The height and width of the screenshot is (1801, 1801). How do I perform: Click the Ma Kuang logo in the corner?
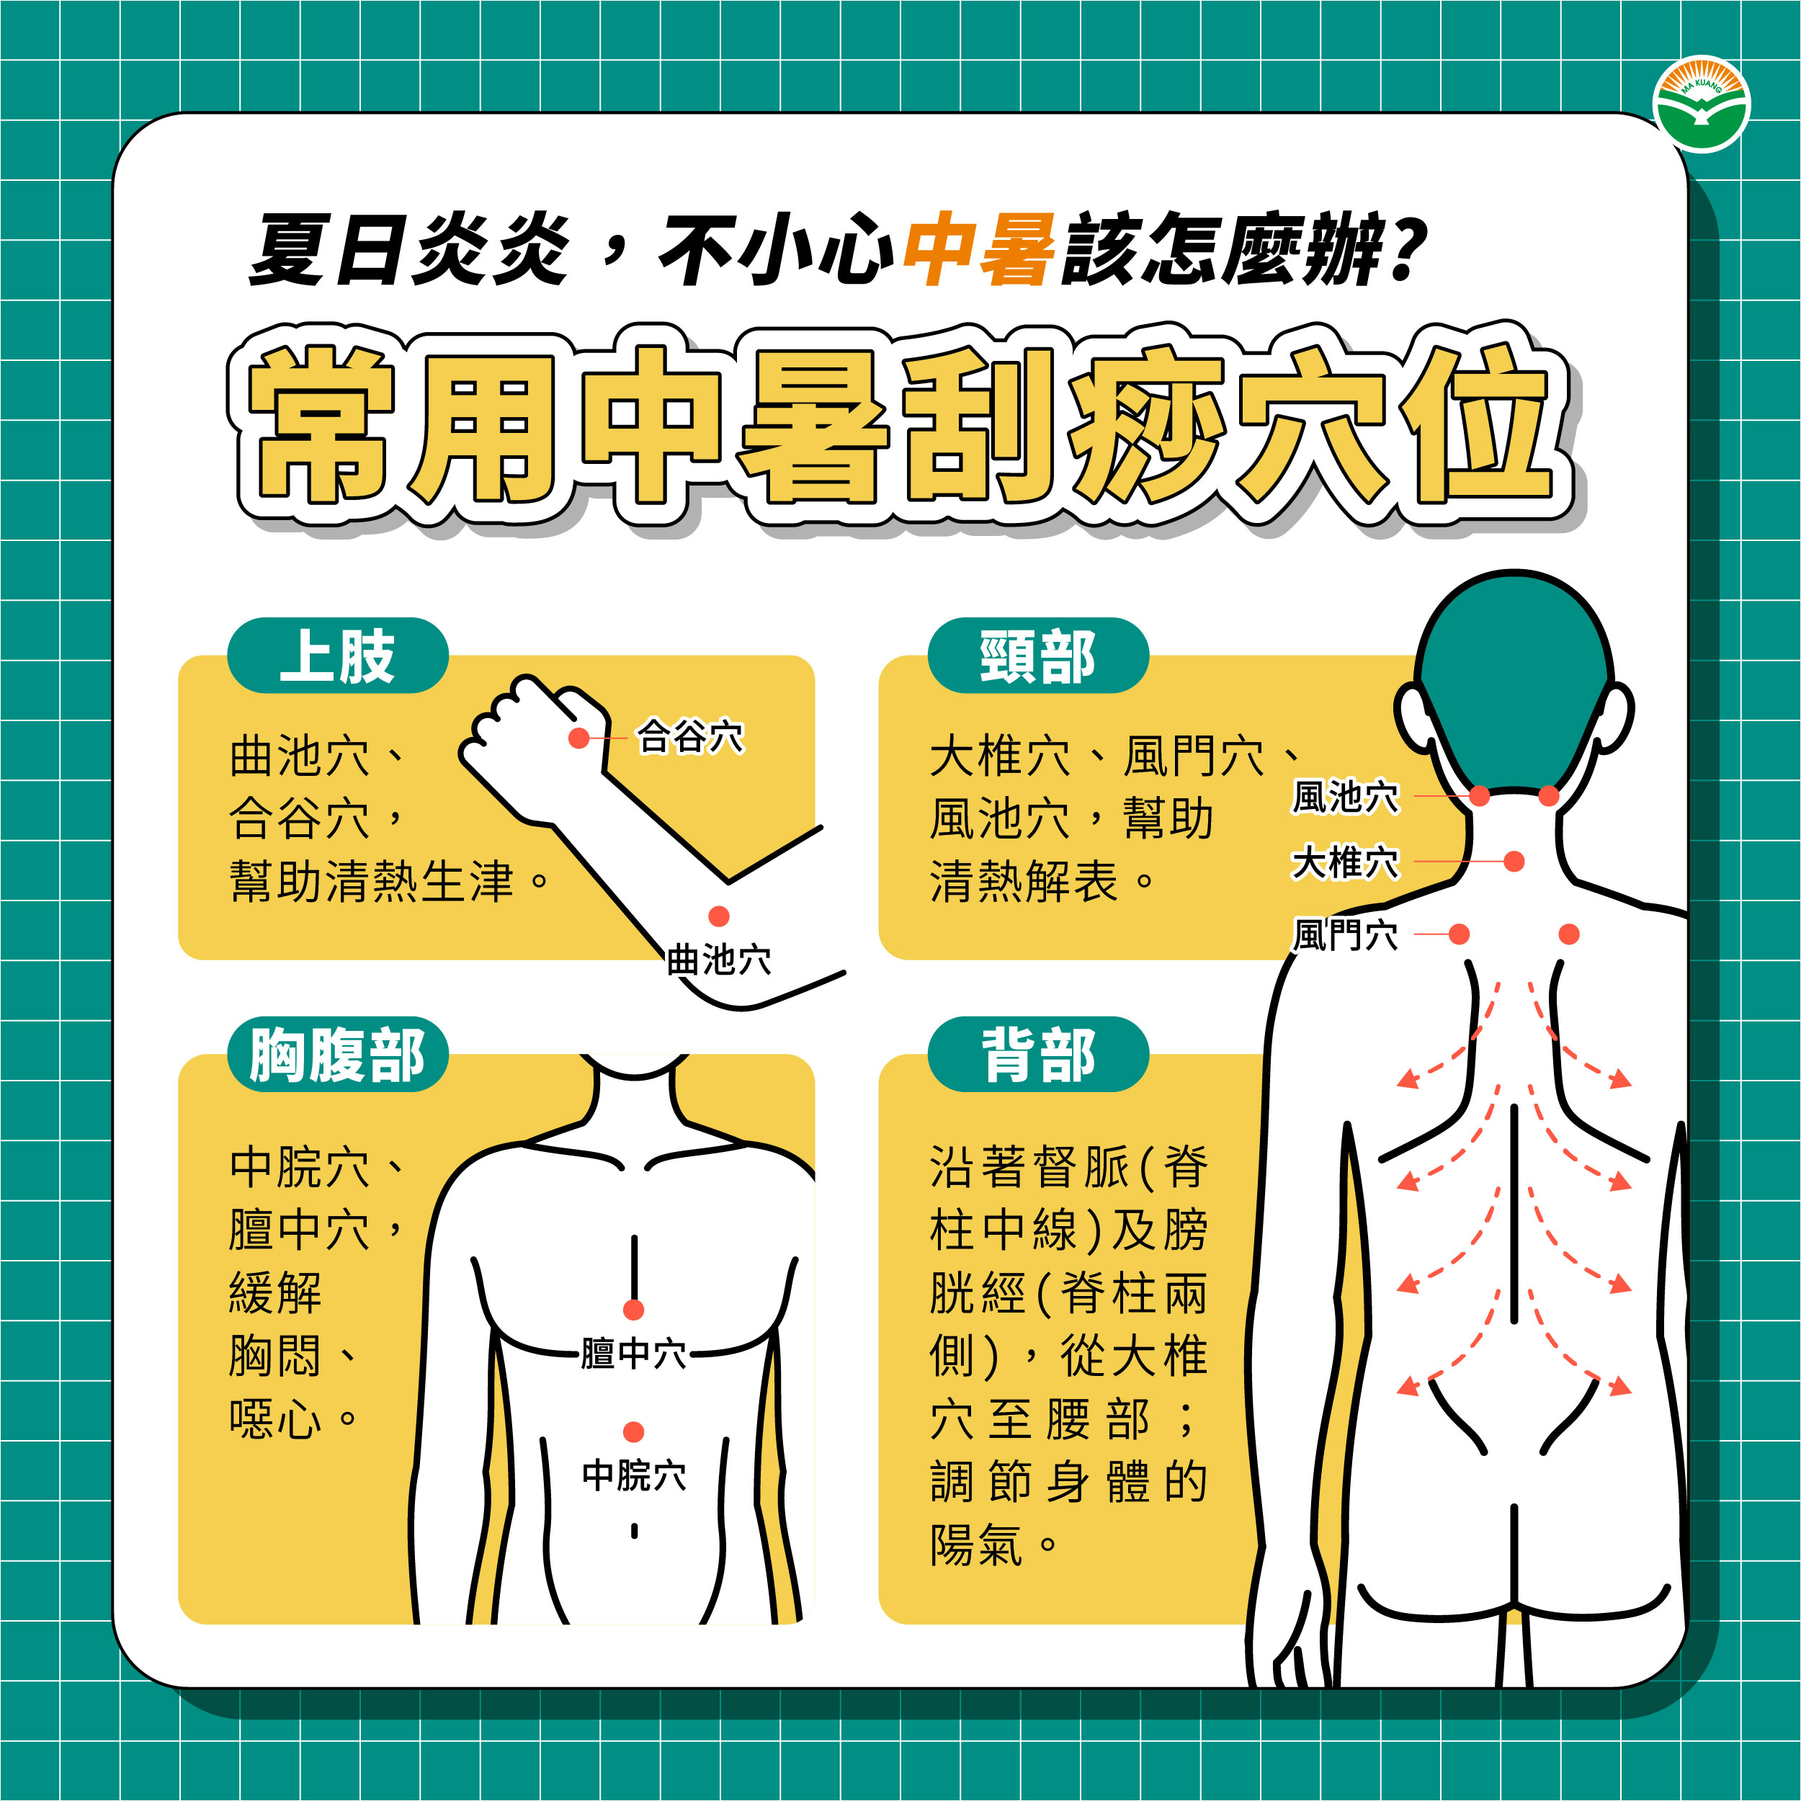coord(1702,104)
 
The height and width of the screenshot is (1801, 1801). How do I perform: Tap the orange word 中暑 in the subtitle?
coord(980,249)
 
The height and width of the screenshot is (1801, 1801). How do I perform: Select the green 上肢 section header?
coord(337,656)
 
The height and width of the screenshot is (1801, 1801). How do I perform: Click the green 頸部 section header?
coord(1037,656)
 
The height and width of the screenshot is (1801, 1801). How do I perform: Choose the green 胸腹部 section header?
coord(337,1055)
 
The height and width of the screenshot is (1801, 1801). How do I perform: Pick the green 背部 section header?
coord(1037,1055)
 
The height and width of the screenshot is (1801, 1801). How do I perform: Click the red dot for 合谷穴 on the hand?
coord(579,738)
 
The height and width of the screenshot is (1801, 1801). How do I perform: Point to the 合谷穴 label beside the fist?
coord(690,736)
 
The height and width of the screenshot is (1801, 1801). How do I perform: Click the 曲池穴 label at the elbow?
coord(719,960)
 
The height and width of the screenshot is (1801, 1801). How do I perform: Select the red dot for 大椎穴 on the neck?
coord(1514,862)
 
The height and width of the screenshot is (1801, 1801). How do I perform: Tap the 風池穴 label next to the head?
coord(1345,797)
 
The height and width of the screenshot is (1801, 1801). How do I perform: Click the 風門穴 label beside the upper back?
coord(1345,934)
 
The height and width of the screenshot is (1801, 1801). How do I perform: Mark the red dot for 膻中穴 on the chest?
coord(634,1310)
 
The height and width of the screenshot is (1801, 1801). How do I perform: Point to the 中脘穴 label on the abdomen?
coord(634,1475)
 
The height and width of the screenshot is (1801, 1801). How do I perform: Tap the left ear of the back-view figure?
coord(1413,720)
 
